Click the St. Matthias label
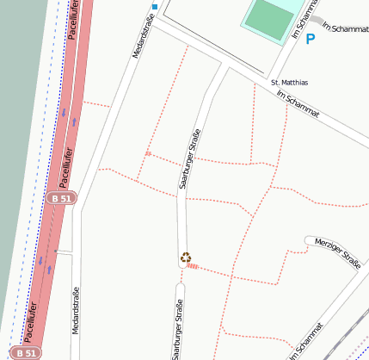tap(289, 83)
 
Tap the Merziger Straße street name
tap(337, 251)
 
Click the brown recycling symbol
tap(185, 257)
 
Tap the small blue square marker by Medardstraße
tap(155, 7)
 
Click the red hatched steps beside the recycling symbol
tap(194, 267)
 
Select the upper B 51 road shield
tap(62, 198)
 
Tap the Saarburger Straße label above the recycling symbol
tap(189, 158)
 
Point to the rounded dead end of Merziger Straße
tap(310, 240)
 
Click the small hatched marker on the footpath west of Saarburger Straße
tap(148, 154)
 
